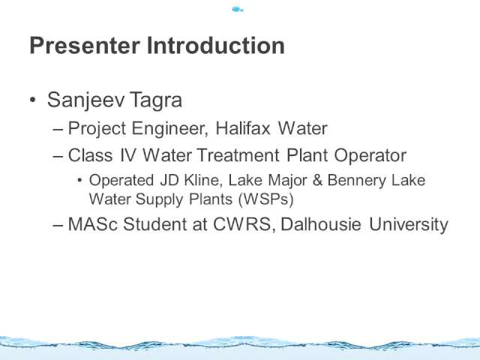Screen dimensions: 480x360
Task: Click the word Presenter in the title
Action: point(85,46)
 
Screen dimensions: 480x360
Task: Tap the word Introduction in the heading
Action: point(216,46)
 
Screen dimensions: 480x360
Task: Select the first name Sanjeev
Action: point(85,100)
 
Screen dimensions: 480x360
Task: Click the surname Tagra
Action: point(156,100)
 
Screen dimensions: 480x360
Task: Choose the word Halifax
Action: point(243,128)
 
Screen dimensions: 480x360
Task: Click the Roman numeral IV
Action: point(127,155)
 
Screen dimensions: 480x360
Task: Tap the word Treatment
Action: point(238,155)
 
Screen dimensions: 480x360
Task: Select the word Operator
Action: point(370,156)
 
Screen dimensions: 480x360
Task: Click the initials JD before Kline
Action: point(169,180)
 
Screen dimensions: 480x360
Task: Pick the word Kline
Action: point(202,180)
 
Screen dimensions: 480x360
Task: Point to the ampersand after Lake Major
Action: point(317,180)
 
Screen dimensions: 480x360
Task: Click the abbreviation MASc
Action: point(93,224)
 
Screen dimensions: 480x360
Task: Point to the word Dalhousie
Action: point(321,224)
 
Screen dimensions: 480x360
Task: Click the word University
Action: point(408,225)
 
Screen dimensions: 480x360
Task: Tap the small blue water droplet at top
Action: point(237,10)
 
